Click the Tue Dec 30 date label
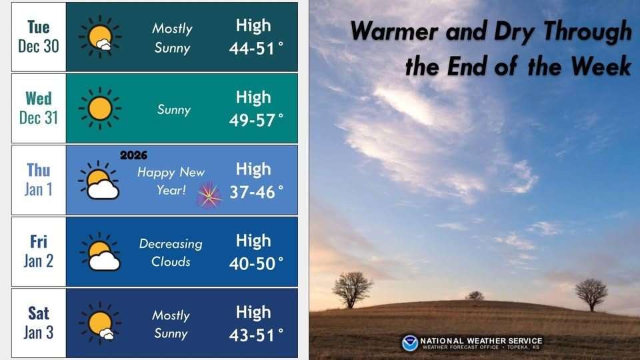(39, 37)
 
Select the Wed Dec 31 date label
(39, 108)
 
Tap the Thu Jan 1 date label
(39, 179)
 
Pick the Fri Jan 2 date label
(39, 251)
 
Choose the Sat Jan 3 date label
(39, 323)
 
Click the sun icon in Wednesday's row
(100, 109)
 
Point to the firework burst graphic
(209, 195)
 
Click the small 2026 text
(133, 155)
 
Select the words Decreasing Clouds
(171, 253)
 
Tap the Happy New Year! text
(171, 181)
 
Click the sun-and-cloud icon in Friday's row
(100, 252)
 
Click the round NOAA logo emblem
(410, 343)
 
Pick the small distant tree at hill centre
(475, 295)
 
